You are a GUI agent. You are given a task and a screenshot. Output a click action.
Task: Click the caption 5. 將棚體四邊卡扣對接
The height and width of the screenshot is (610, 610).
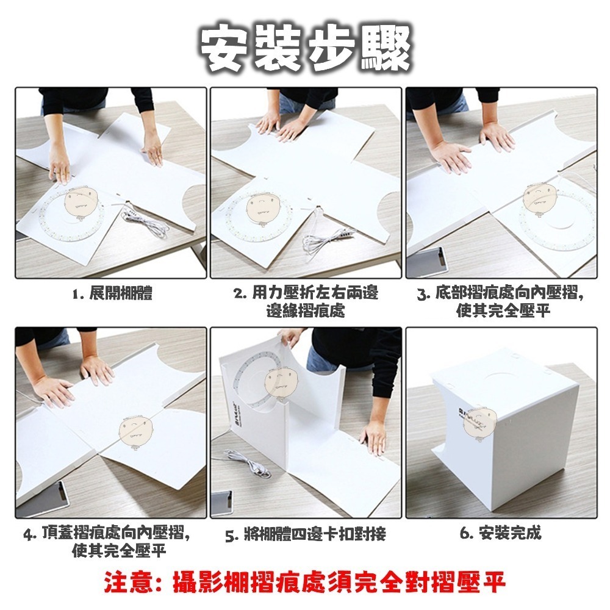(305, 536)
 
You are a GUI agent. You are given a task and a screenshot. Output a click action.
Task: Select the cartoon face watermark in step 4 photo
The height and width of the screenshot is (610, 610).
(135, 430)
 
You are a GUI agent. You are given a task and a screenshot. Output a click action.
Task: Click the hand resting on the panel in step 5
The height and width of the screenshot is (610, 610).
(373, 436)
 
